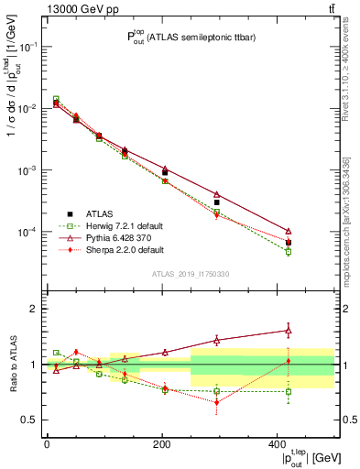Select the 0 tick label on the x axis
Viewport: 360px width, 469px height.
pyautogui.click(x=47, y=443)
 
